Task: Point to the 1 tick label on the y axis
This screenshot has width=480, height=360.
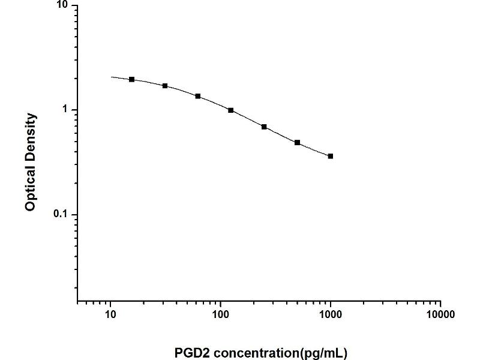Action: click(67, 110)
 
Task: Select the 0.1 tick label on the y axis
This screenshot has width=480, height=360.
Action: click(62, 215)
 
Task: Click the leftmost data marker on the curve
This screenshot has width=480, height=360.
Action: click(131, 79)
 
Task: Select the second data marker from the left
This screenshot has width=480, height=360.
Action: click(165, 86)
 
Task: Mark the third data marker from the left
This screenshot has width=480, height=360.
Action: click(198, 96)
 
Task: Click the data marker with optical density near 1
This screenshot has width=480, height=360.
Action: click(231, 110)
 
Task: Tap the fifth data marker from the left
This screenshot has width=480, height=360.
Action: click(264, 127)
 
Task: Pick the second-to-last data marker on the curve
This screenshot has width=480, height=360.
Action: click(298, 143)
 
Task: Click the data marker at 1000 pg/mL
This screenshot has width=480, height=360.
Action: click(331, 156)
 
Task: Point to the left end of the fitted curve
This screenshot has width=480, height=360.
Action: click(111, 77)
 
